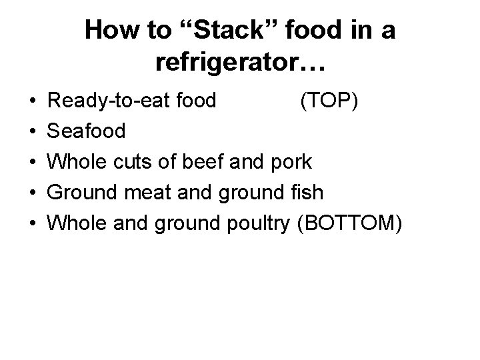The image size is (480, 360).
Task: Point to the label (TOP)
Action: (330, 101)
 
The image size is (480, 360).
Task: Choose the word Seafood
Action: (88, 131)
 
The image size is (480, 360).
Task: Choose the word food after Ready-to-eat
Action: (193, 101)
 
